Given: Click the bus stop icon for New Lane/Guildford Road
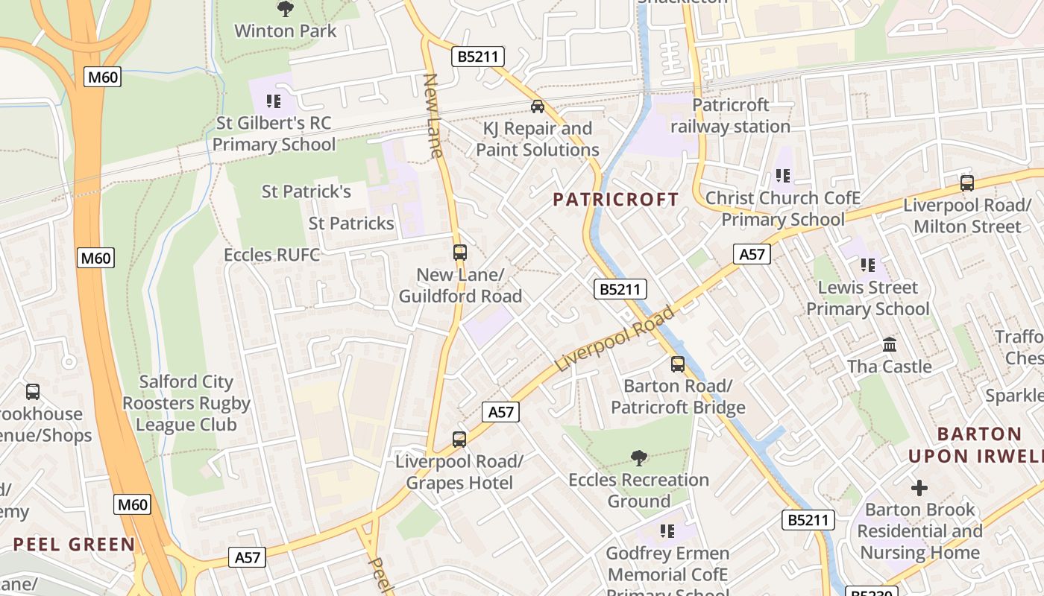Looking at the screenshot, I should pyautogui.click(x=459, y=253).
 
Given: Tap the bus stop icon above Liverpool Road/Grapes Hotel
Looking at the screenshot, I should pyautogui.click(x=459, y=440).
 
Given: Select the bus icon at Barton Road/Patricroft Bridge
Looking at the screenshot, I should pyautogui.click(x=677, y=364).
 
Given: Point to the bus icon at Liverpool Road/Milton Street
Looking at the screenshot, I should pyautogui.click(x=966, y=183).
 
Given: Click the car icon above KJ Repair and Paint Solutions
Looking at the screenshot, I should pyautogui.click(x=537, y=107).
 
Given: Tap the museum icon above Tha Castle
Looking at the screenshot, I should pyautogui.click(x=889, y=345).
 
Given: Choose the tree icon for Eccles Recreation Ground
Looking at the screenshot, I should pyautogui.click(x=638, y=457).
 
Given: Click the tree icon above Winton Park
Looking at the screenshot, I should pyautogui.click(x=285, y=10).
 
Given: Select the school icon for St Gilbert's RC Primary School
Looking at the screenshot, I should pyautogui.click(x=274, y=101).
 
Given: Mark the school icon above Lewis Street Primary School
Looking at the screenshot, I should pyautogui.click(x=867, y=265).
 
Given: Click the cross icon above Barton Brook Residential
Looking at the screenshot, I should pyautogui.click(x=919, y=488).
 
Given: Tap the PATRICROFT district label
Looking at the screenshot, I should pyautogui.click(x=616, y=200).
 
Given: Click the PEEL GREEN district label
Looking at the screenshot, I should pyautogui.click(x=75, y=544).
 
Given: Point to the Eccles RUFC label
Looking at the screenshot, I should pyautogui.click(x=271, y=255).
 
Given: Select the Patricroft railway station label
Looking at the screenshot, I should pyautogui.click(x=730, y=115).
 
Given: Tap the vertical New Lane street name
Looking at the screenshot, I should pyautogui.click(x=433, y=115).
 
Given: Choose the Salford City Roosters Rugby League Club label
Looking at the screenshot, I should pyautogui.click(x=186, y=403).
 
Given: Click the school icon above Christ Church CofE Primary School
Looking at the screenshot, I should pyautogui.click(x=782, y=176).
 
